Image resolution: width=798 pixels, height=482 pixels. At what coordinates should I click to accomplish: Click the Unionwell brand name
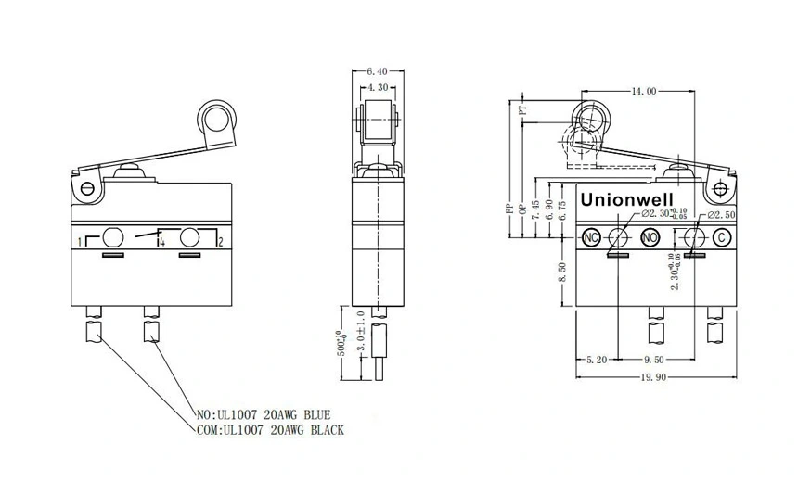[x=628, y=199]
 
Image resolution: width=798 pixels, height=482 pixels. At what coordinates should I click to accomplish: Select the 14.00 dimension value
[x=644, y=91]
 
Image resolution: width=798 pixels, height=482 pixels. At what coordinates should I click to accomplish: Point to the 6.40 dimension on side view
[x=378, y=70]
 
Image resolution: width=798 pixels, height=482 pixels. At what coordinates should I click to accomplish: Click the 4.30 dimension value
[x=379, y=87]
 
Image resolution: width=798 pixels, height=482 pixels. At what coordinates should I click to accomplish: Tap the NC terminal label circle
[x=590, y=237]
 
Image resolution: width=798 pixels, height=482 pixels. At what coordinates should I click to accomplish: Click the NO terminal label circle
[x=650, y=237]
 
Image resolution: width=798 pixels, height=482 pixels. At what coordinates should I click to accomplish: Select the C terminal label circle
[x=721, y=237]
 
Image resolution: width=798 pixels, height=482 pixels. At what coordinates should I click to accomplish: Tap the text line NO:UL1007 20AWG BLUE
[x=264, y=414]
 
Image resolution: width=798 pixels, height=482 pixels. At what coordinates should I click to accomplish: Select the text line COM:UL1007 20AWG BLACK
[x=270, y=430]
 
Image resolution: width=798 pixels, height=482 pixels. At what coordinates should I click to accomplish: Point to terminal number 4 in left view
[x=161, y=242]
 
